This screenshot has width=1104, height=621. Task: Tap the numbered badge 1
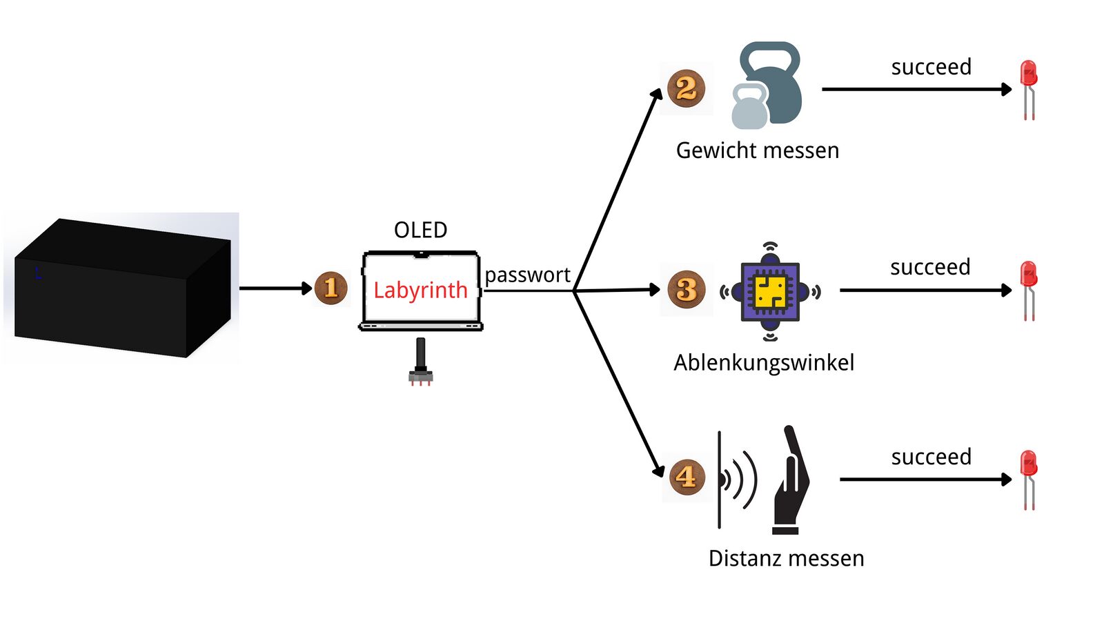point(331,288)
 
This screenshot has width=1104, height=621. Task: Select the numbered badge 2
point(686,88)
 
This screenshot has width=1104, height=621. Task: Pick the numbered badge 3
point(687,289)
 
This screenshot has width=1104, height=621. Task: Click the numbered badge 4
point(686,476)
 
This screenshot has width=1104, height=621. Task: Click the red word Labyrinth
point(420,290)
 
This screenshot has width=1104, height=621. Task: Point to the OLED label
point(420,230)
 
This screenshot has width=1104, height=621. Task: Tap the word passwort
point(527,275)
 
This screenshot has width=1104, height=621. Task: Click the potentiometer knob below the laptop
point(421,362)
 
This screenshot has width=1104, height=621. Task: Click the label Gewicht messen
point(758,150)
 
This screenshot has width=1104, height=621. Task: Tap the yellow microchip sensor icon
point(770,291)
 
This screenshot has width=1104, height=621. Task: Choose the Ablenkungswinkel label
point(764,363)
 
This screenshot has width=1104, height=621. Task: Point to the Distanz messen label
point(786,558)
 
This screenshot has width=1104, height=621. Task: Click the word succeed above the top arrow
point(931,67)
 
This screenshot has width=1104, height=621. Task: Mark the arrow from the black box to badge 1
point(275,288)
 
